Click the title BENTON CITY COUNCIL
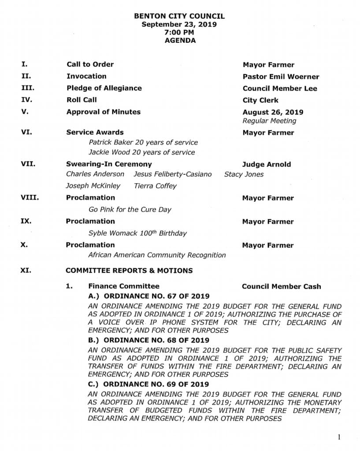pyautogui.click(x=179, y=16)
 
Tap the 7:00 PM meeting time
pyautogui.click(x=180, y=32)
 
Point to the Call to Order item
pyautogui.click(x=90, y=64)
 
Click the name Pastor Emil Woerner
pyautogui.click(x=281, y=77)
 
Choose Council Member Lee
pyautogui.click(x=280, y=88)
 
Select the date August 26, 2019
pyautogui.click(x=273, y=112)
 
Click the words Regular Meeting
pyautogui.click(x=269, y=121)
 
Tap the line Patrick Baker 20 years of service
pyautogui.click(x=143, y=143)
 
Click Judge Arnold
pyautogui.click(x=266, y=164)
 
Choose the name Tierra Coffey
pyautogui.click(x=155, y=186)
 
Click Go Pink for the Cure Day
pyautogui.click(x=130, y=210)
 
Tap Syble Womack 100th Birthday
pyautogui.click(x=137, y=233)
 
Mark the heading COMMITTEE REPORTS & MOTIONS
pyautogui.click(x=129, y=270)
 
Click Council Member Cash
pyautogui.click(x=281, y=286)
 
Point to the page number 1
pyautogui.click(x=339, y=437)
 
